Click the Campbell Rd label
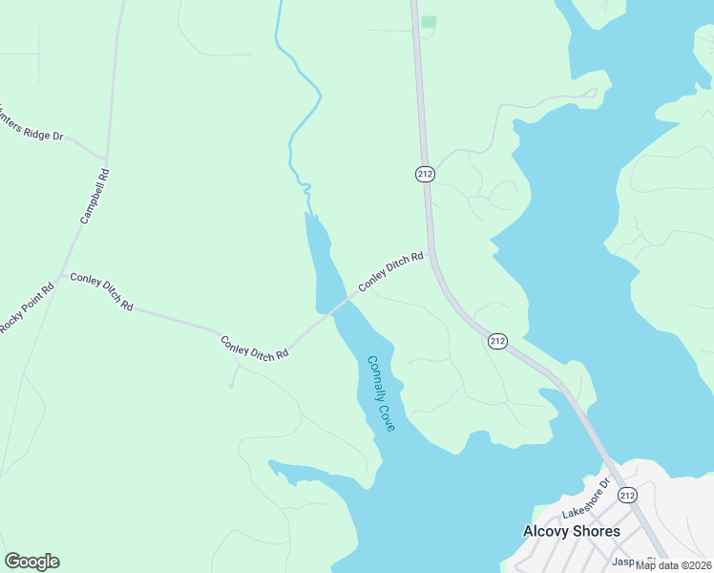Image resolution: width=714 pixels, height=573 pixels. pos(95,197)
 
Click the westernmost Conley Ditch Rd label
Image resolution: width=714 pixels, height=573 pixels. pos(101,292)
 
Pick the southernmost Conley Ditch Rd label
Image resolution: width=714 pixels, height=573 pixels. pos(254,348)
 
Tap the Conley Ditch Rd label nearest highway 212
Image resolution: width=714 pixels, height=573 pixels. pos(390,273)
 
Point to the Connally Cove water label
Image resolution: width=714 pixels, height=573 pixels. pos(381,393)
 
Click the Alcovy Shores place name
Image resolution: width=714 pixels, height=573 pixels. pos(572,531)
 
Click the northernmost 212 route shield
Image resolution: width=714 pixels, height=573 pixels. pos(426,174)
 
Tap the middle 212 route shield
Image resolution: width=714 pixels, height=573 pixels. pos(496,341)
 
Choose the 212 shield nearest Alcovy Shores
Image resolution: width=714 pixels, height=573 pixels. pos(627,495)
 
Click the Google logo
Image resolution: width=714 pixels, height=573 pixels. pos(31,562)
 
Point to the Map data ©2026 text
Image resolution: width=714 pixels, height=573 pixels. pos(674,565)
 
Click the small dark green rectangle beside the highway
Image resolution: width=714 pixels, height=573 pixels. pos(429,21)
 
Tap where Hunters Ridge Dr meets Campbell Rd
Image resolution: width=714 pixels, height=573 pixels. pos(105,158)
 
